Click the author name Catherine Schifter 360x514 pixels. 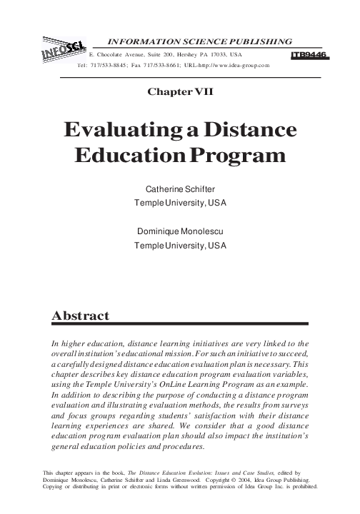pyautogui.click(x=180, y=191)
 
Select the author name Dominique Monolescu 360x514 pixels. pyautogui.click(x=180, y=232)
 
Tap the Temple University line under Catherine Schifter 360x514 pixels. pyautogui.click(x=180, y=204)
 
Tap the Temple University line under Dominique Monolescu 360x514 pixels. pyautogui.click(x=180, y=246)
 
